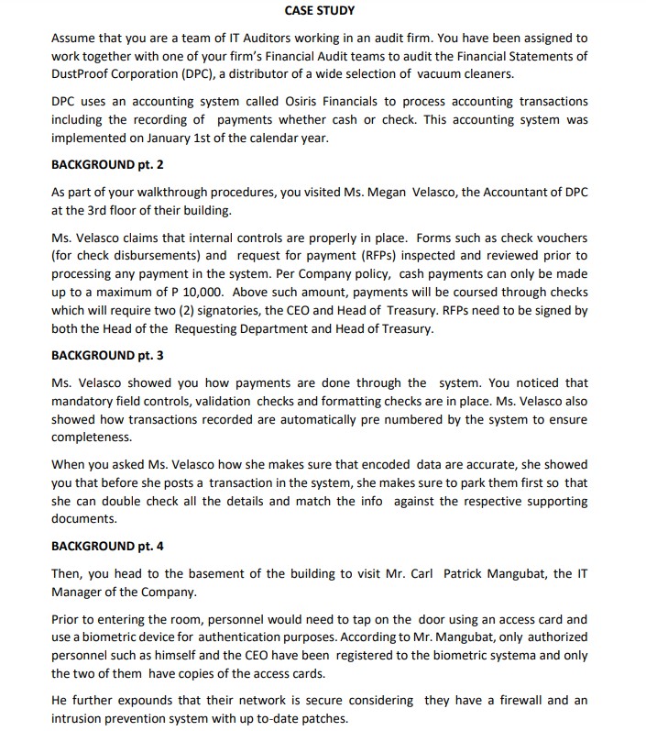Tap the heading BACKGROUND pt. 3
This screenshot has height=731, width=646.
pos(107,355)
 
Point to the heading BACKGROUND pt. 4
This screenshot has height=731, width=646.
pos(107,546)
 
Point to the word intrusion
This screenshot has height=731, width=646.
pos(77,719)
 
